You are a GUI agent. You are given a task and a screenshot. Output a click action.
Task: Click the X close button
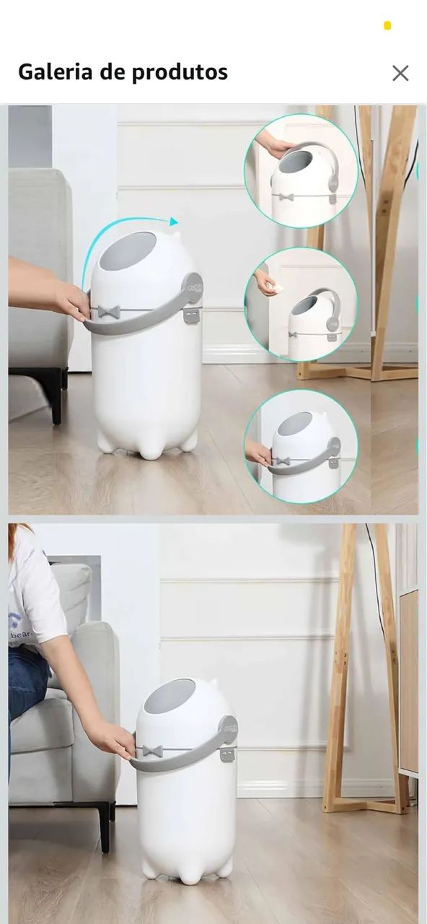[x=400, y=73]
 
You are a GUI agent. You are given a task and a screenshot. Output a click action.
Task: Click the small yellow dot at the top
[x=387, y=26]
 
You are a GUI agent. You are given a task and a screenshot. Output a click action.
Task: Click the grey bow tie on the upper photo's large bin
[x=109, y=312]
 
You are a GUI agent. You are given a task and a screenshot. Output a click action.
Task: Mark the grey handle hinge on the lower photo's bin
[x=229, y=729]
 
